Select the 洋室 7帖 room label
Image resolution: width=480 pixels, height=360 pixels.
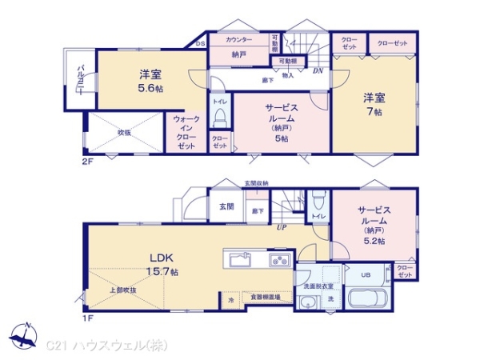pos(374,104)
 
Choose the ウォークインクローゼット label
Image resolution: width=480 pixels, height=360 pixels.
pos(186,132)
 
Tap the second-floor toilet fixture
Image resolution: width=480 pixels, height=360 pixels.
pos(220,118)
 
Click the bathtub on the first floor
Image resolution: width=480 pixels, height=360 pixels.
pos(367,300)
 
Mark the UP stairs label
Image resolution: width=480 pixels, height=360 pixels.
pos(281,228)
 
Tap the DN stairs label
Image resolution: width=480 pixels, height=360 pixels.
pos(317,71)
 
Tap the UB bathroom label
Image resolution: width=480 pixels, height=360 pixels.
pos(365,275)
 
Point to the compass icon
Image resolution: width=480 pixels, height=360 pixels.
pos(26,335)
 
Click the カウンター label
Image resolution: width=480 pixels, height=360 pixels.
pos(238,40)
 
